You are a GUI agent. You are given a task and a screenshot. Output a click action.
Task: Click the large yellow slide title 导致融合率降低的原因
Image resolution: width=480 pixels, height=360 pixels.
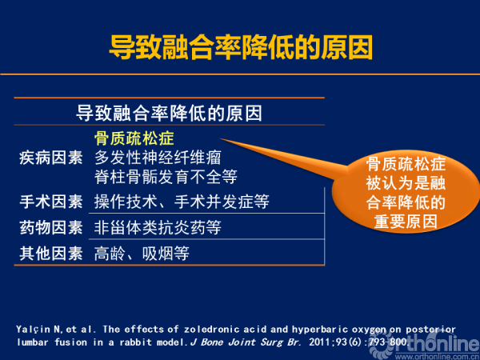[x=241, y=47]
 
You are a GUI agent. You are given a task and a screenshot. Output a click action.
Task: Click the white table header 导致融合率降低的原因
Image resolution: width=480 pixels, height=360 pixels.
[x=169, y=114]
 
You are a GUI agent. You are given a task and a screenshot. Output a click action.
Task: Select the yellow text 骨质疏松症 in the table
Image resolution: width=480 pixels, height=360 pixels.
[x=134, y=138]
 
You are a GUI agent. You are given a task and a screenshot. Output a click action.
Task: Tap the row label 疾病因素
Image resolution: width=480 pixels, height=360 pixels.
[x=51, y=158]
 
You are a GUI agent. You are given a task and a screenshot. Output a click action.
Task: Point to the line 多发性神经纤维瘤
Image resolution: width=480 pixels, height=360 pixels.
[x=158, y=158]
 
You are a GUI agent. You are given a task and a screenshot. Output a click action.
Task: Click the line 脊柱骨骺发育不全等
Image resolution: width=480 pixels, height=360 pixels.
[x=166, y=177]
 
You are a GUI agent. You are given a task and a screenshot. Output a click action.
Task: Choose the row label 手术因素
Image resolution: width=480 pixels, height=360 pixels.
[x=51, y=202]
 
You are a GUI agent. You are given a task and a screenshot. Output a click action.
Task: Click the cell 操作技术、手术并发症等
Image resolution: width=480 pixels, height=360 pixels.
[x=182, y=202]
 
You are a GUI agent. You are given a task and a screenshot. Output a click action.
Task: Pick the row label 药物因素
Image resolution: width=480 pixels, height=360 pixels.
[x=51, y=228]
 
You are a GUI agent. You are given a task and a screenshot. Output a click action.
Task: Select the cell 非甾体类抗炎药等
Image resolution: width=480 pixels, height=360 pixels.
[x=158, y=228]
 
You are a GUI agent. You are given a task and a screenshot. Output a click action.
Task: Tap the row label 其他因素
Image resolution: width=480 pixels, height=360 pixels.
[x=51, y=254]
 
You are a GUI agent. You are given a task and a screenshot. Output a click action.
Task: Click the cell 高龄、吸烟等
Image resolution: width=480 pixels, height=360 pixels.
[x=142, y=254]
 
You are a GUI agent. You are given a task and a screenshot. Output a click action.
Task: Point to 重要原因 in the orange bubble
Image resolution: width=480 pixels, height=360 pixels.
[x=406, y=222]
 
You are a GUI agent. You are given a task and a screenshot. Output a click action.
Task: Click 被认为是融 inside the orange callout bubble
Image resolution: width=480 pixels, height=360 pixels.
[x=406, y=183]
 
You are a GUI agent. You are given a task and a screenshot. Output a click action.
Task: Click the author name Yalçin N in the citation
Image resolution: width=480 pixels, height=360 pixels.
[x=38, y=330]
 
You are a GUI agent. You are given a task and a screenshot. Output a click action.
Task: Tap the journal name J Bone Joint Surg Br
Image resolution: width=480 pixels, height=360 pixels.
[x=246, y=342]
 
